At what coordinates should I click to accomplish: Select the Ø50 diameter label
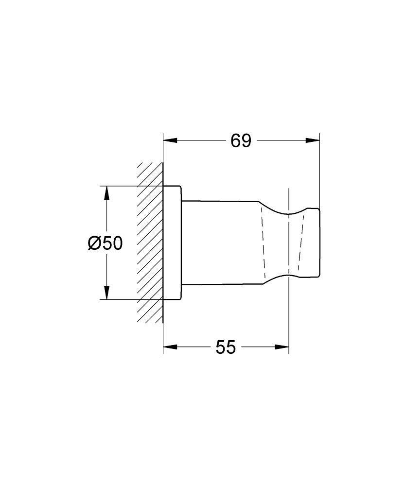click(105, 243)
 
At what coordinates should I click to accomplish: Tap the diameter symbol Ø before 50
click(94, 243)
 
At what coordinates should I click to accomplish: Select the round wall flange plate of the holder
click(172, 243)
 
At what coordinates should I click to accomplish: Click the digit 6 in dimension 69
click(235, 141)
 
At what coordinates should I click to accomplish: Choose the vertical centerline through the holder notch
click(289, 316)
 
